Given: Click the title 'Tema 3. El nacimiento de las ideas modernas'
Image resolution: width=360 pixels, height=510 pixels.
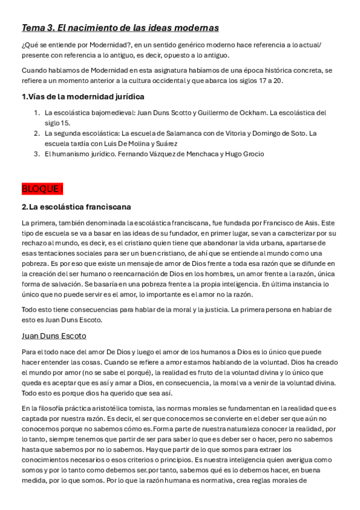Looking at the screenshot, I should coord(120,28).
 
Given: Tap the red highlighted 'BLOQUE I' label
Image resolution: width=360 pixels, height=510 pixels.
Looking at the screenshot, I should coord(42,189).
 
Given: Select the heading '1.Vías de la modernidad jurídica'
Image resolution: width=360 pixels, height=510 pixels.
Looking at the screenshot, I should coord(83,96).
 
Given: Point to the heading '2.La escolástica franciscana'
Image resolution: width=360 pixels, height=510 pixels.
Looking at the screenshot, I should coord(76,207).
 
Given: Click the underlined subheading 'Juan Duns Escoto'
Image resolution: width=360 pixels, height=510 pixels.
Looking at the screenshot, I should coord(54,336).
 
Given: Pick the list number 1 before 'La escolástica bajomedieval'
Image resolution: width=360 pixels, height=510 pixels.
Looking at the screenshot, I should coord(36,112).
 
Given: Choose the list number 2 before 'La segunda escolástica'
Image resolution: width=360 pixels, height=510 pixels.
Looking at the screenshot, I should coord(37,133).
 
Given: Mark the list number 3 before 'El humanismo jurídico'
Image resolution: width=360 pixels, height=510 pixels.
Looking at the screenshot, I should coord(37,154).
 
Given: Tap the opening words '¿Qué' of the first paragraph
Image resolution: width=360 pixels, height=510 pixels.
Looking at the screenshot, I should coord(29,46).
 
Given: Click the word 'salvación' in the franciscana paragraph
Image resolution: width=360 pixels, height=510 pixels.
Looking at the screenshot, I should coord(67,284).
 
